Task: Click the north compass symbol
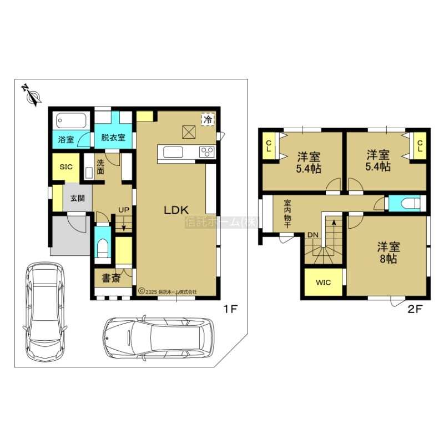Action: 32,95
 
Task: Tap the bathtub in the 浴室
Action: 71,121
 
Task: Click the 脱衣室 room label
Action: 113,138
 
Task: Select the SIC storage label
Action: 66,167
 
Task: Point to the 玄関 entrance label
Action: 78,198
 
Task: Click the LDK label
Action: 176,210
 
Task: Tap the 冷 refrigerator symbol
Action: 208,119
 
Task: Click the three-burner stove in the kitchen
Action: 207,152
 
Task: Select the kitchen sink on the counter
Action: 173,152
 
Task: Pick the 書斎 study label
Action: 112,279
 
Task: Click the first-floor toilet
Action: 103,248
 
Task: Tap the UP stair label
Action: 124,210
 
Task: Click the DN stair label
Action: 313,235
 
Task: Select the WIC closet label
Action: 324,282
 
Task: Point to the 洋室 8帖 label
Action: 389,253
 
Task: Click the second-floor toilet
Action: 410,204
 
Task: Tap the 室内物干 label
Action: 287,214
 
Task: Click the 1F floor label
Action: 230,309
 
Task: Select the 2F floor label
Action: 415,309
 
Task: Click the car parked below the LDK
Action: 158,338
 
